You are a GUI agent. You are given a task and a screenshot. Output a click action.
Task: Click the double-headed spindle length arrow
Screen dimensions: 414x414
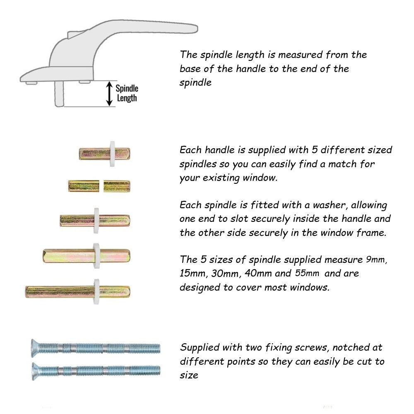point(109,94)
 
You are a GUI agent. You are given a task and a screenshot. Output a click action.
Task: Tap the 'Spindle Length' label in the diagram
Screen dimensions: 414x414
point(127,93)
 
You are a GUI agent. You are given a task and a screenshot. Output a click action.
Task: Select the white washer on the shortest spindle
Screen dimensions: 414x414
point(112,154)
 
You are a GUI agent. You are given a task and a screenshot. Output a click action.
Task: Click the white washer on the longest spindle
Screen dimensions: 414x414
point(96,291)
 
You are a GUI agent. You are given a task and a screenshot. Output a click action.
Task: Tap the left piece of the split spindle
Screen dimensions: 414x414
point(84,186)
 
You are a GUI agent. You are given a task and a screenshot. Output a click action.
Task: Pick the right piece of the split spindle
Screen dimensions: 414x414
point(117,186)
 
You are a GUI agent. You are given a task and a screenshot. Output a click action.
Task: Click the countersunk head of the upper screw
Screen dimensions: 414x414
point(35,348)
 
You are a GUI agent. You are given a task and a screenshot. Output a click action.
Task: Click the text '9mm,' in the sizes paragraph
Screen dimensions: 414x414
point(376,260)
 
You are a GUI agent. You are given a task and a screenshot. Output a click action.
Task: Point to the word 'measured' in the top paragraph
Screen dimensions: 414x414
point(300,55)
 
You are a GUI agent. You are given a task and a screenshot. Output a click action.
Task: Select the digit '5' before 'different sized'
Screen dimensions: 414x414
point(315,150)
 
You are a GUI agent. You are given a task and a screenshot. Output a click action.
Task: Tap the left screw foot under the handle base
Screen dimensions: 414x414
point(31,83)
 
